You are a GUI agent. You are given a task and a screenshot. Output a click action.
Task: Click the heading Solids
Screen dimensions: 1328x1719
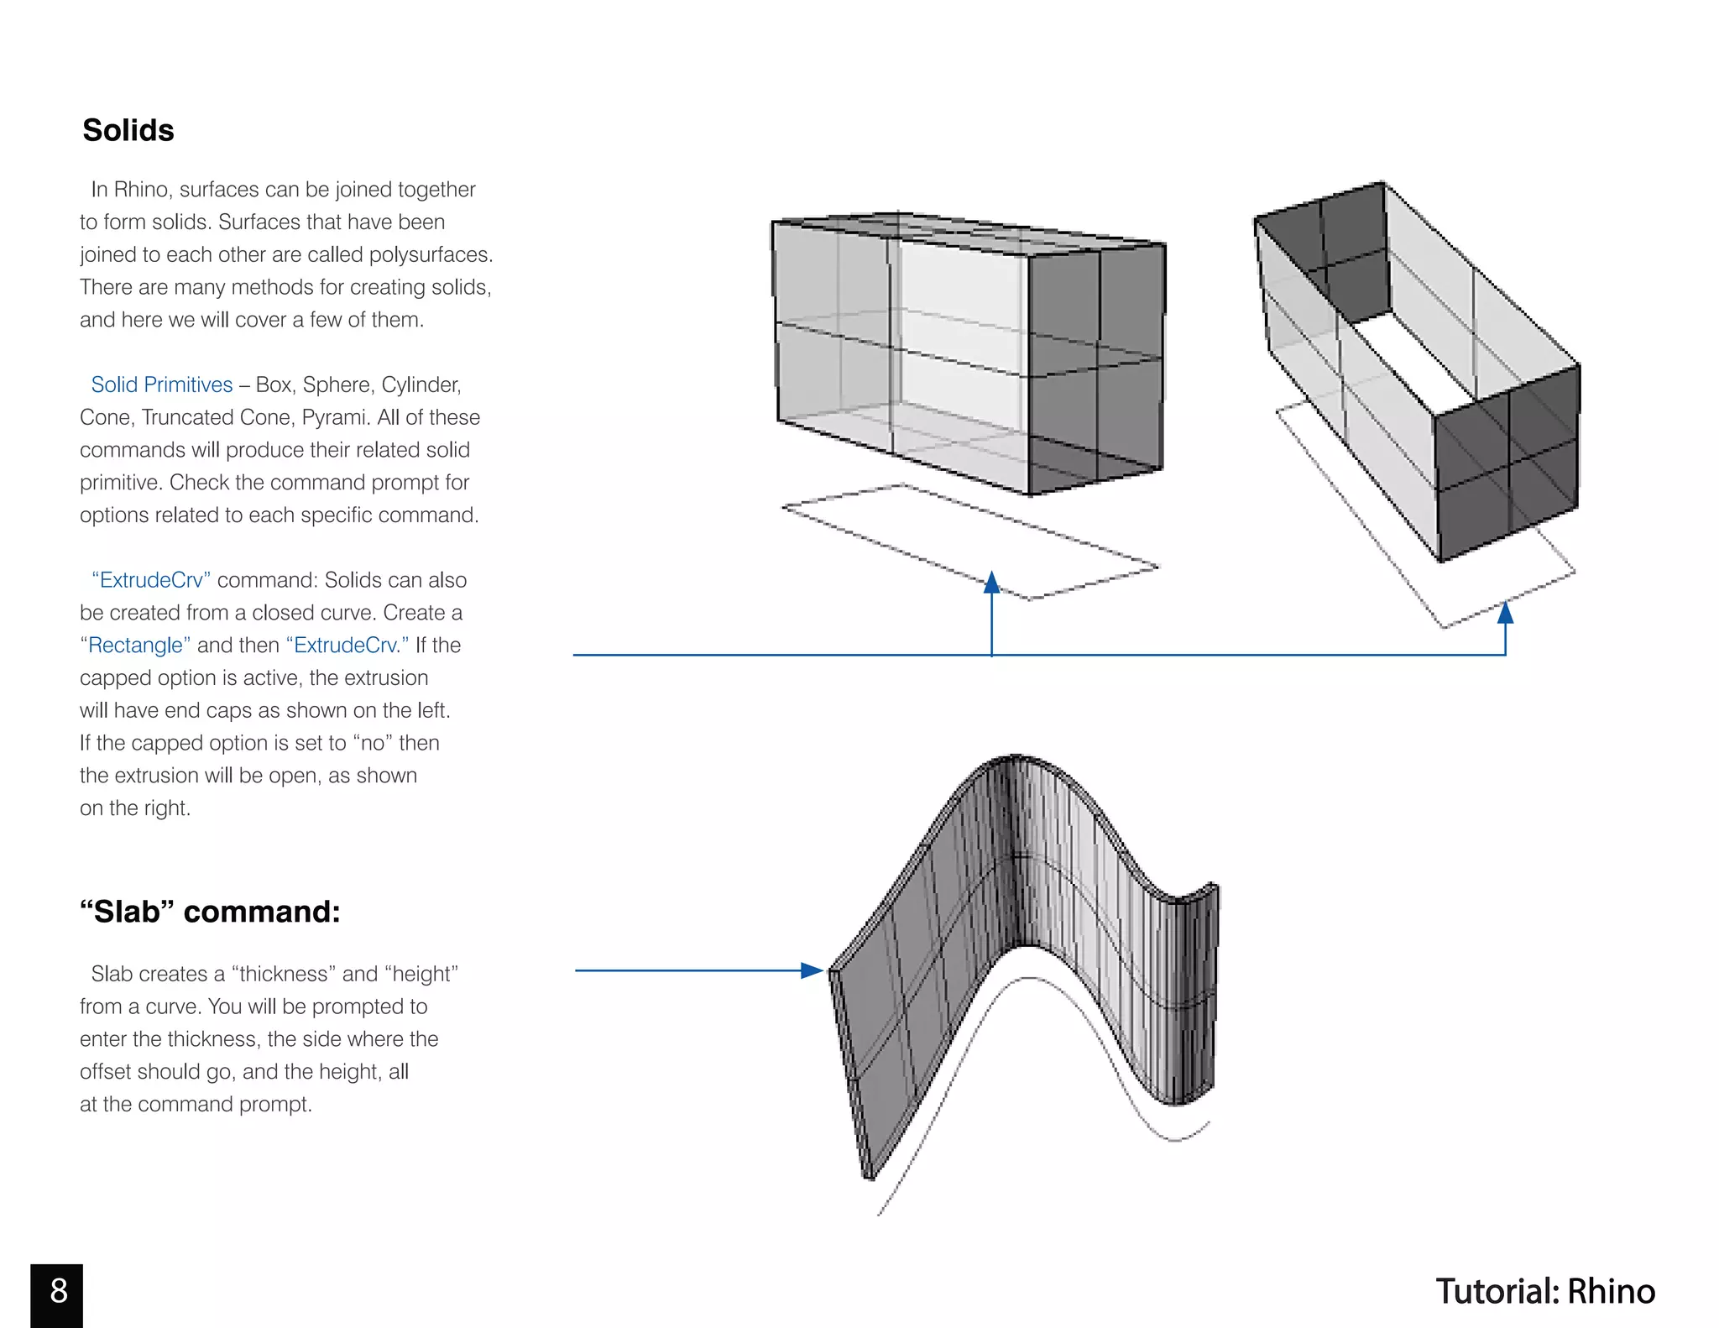128,130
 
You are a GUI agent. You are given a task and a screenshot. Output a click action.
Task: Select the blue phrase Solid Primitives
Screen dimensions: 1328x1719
162,384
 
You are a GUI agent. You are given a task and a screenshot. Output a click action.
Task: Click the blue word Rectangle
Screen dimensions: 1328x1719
135,645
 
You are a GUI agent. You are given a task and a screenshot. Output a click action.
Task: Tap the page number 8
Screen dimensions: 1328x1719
57,1292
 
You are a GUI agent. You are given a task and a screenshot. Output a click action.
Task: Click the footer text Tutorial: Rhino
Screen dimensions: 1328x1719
1545,1292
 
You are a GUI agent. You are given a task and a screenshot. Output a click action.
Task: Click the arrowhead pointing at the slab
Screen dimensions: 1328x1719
812,970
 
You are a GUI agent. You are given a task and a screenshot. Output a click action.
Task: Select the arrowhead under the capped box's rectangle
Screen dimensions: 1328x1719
992,583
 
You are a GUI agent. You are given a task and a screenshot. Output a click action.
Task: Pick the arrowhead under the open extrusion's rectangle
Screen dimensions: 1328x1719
1505,613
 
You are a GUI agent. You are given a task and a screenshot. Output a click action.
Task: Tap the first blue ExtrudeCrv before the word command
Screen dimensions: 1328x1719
151,580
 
